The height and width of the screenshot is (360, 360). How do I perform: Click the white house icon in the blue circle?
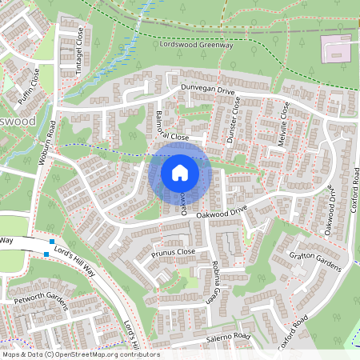click(x=180, y=173)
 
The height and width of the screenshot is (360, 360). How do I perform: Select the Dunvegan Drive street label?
click(x=207, y=93)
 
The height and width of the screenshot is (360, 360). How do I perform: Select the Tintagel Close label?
click(x=79, y=46)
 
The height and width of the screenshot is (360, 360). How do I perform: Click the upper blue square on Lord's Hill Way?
click(x=52, y=242)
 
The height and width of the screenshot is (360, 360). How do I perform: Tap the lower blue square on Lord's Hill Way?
click(x=46, y=254)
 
